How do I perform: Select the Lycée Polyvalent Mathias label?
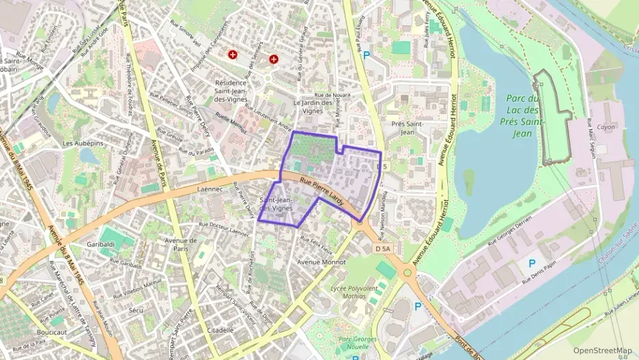(x=354, y=292)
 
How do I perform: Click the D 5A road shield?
(x=383, y=249)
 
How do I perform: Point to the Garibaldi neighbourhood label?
(x=100, y=244)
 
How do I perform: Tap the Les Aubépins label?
(x=77, y=143)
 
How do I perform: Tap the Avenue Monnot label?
(x=322, y=262)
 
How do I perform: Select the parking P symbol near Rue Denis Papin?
(x=531, y=262)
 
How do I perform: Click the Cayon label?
(x=606, y=127)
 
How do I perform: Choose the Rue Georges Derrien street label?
(x=519, y=233)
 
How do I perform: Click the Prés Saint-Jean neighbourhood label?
(x=408, y=128)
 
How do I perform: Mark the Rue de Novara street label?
(x=332, y=95)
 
